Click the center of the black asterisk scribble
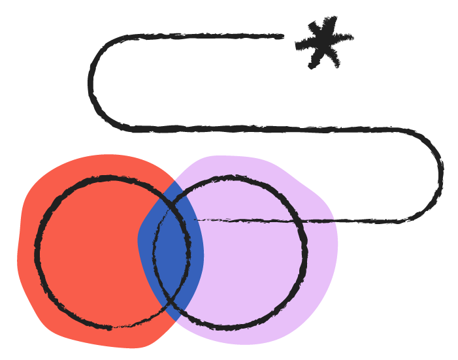323,43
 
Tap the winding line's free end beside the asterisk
281,37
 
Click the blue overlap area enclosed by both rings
172,252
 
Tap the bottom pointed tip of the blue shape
175,320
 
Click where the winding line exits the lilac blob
335,221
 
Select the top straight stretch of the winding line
196,37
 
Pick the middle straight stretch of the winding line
274,129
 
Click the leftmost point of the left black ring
37,252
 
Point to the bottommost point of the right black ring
229,326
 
